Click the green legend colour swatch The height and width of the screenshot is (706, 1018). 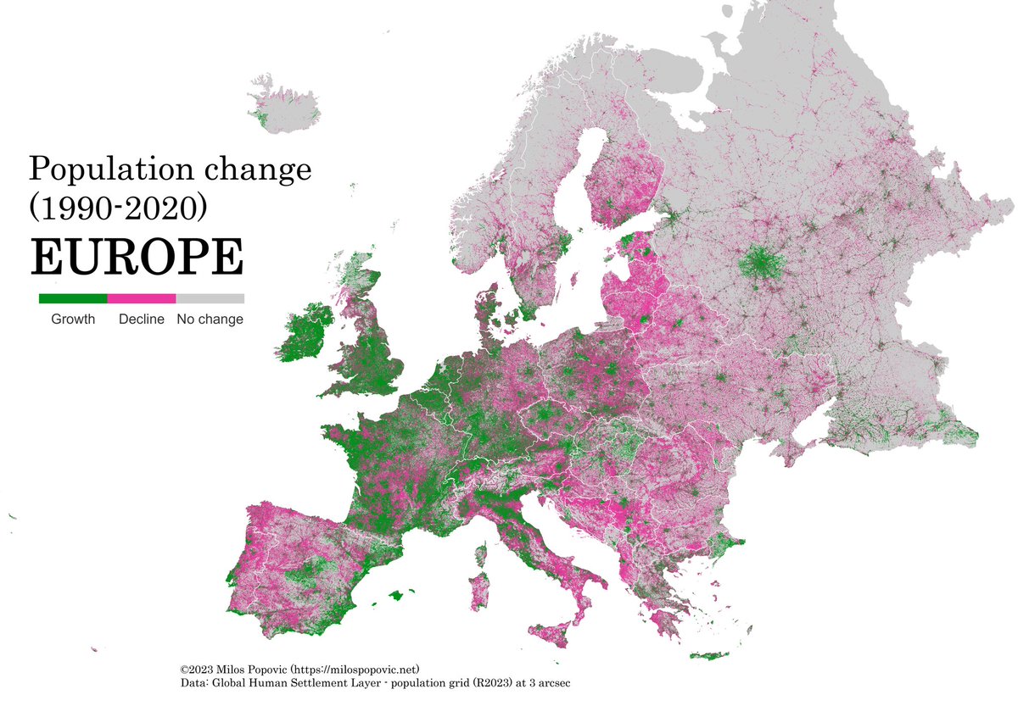73,298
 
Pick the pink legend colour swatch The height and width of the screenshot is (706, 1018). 142,298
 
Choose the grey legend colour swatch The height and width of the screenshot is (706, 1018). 210,298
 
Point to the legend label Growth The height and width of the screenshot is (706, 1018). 73,320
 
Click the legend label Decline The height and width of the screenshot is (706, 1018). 142,320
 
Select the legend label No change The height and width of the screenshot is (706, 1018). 210,320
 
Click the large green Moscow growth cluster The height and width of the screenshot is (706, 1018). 761,264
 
